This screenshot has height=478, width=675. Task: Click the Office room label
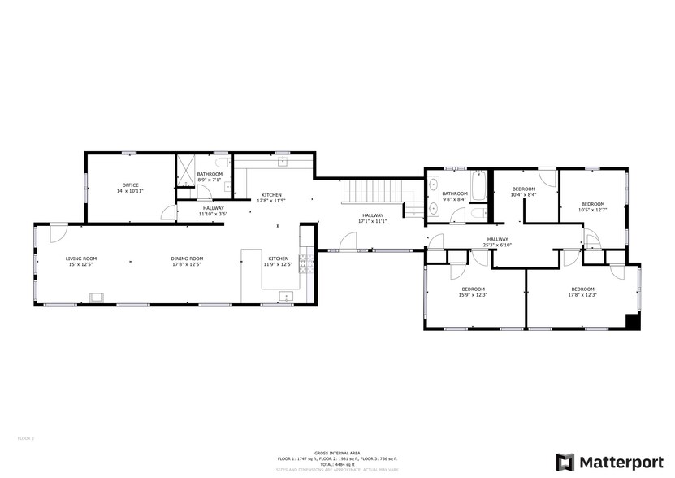click(x=130, y=185)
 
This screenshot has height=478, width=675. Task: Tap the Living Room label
click(x=81, y=259)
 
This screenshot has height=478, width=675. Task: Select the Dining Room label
click(x=186, y=259)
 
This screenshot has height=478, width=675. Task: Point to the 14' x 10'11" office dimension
click(x=130, y=191)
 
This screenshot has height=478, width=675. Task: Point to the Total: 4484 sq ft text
click(x=337, y=463)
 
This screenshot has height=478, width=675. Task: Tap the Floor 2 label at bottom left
click(x=25, y=438)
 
